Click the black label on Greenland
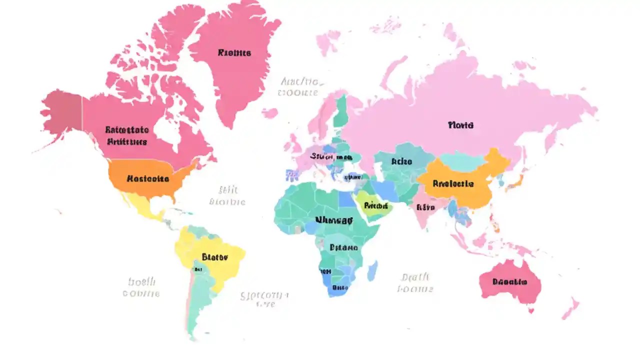[234, 53]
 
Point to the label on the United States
[147, 178]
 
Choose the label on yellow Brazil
[215, 257]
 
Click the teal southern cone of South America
[200, 300]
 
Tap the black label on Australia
[509, 282]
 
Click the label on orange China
[452, 184]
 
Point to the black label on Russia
[460, 125]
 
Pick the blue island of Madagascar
[372, 270]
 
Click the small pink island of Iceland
[269, 113]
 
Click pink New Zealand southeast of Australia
[570, 307]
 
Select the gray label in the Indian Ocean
[415, 283]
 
